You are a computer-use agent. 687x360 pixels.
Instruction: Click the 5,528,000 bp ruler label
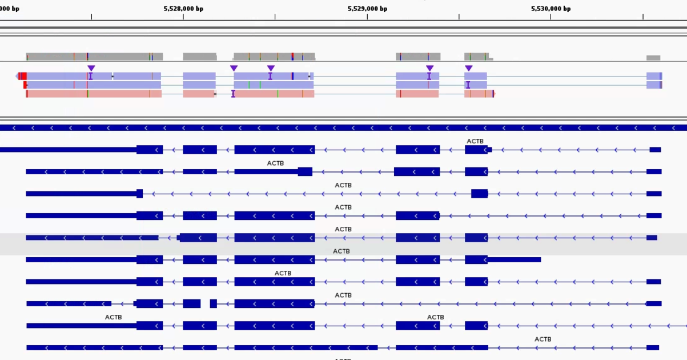(x=183, y=9)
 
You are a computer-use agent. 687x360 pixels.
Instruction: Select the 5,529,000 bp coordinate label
(x=367, y=9)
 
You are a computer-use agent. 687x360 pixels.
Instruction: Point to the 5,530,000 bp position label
(x=551, y=9)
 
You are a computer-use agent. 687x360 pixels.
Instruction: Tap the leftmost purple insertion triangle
(x=91, y=69)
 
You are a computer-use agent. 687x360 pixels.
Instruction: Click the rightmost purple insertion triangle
(x=468, y=69)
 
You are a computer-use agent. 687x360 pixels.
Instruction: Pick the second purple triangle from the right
(x=429, y=69)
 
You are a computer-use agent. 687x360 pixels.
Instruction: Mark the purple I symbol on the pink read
(x=233, y=94)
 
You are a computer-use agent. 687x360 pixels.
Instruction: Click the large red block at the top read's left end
(x=22, y=76)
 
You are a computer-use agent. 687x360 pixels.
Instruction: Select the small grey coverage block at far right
(x=653, y=58)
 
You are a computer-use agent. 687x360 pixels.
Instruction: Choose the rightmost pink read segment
(x=479, y=94)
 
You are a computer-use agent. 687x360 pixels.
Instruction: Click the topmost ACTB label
(x=475, y=141)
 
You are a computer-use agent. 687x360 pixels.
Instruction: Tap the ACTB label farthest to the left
(x=113, y=317)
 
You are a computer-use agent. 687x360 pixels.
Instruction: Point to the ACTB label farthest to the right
(x=543, y=339)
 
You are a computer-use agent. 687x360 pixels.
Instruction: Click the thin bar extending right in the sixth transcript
(x=514, y=259)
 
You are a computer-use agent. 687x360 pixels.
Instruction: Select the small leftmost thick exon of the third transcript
(x=139, y=194)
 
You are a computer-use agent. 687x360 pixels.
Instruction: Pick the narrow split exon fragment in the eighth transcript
(x=213, y=303)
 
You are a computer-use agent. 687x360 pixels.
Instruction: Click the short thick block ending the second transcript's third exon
(x=305, y=171)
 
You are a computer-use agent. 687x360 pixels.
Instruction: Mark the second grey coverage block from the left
(x=199, y=57)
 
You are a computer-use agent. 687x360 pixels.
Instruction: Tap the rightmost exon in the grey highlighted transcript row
(x=652, y=238)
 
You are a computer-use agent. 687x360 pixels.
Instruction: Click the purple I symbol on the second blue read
(x=468, y=85)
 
